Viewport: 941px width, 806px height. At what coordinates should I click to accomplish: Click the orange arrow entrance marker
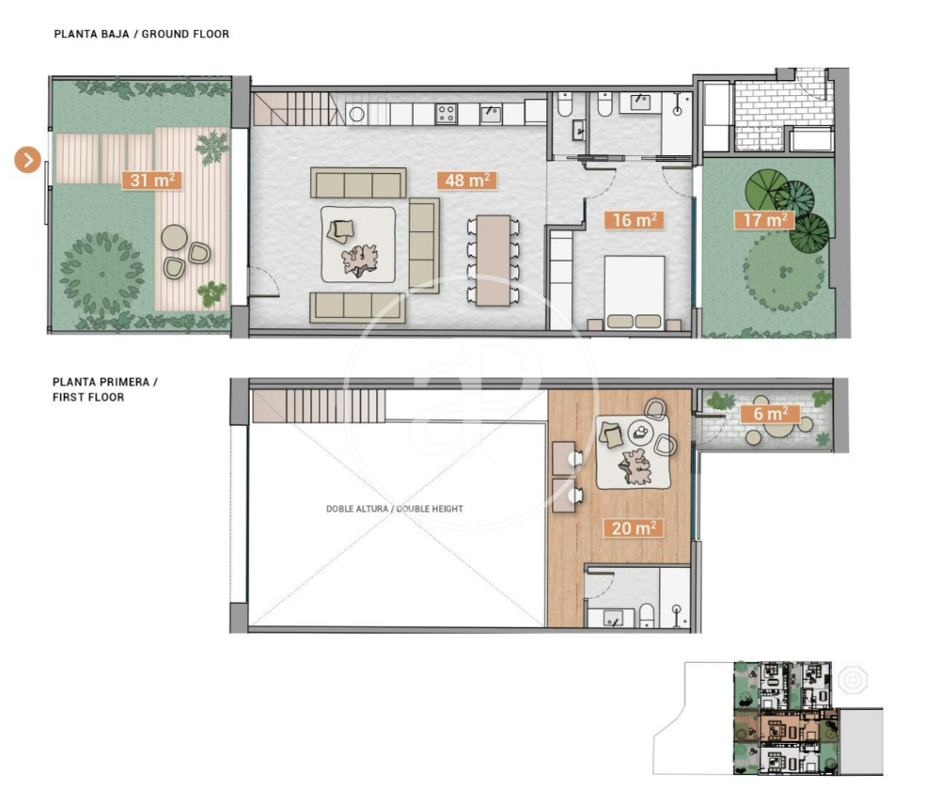(x=27, y=160)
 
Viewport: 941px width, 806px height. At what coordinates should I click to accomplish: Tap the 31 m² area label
(x=152, y=181)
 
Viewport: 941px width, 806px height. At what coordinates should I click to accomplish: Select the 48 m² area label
(x=467, y=181)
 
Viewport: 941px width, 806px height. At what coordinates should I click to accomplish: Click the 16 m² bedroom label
(x=635, y=220)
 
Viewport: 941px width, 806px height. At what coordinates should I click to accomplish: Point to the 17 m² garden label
(x=764, y=220)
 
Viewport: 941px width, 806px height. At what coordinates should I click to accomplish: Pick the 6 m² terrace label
(x=771, y=414)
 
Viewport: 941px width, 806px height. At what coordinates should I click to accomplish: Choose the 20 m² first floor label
(x=634, y=529)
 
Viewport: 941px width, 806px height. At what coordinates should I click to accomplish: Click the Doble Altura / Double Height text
(x=394, y=509)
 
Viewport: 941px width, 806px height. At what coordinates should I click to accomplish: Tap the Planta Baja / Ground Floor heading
(x=142, y=34)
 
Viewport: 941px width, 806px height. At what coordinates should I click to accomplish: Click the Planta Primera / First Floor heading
(x=105, y=389)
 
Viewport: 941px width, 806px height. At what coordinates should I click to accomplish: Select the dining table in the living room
(x=494, y=261)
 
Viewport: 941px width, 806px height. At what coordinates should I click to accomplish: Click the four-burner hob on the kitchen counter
(x=446, y=114)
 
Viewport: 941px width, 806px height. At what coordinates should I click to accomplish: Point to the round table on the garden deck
(x=174, y=237)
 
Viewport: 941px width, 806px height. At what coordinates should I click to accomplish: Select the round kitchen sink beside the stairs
(x=357, y=114)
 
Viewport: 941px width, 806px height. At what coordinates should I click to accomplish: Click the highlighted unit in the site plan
(x=787, y=727)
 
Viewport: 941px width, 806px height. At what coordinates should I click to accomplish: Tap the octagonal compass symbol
(x=853, y=681)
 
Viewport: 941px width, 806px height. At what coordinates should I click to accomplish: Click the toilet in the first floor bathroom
(x=647, y=616)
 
